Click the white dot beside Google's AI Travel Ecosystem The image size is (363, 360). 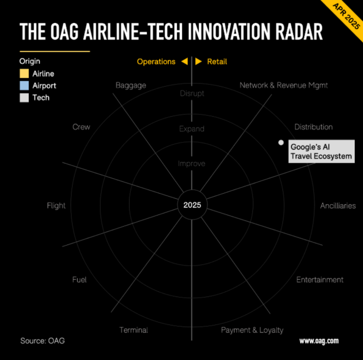[281, 143]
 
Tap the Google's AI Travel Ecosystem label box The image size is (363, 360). [321, 151]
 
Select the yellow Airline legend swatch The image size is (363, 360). [24, 73]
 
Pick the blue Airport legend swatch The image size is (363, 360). [24, 85]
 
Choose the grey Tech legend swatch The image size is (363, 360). [24, 97]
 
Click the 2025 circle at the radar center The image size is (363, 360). [192, 205]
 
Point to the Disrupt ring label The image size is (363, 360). [192, 93]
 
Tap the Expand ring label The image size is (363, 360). [192, 129]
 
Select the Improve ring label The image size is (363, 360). [192, 164]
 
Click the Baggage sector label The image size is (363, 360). [131, 85]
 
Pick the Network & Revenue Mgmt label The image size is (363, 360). [284, 85]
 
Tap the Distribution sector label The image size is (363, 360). [314, 127]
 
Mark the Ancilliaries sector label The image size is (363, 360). [338, 206]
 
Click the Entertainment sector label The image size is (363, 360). [320, 280]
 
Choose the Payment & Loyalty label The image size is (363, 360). [252, 330]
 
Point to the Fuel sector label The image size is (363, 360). [79, 280]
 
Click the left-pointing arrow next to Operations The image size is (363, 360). [185, 62]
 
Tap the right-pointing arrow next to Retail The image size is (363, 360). [199, 62]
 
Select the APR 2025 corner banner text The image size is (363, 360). [346, 16]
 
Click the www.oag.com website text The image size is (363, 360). [319, 341]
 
